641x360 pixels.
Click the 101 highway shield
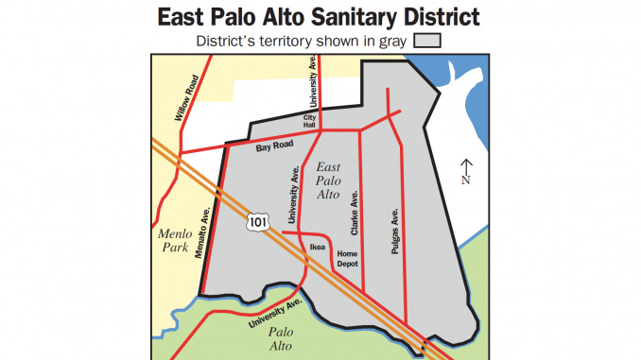258,219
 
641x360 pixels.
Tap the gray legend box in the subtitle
430,41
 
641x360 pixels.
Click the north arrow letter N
465,180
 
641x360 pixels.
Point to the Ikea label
319,248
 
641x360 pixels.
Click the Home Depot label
348,258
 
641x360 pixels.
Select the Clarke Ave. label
355,214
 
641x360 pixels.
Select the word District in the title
430,17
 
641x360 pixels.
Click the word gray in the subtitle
396,41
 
